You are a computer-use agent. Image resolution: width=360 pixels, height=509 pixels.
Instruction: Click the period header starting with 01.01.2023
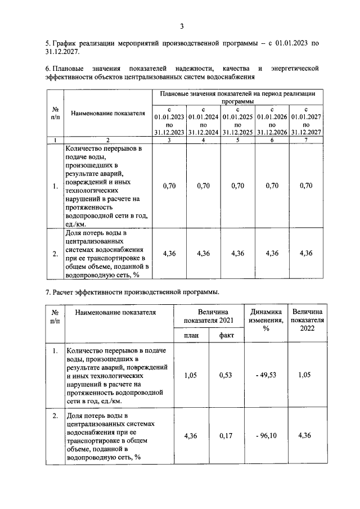(169, 121)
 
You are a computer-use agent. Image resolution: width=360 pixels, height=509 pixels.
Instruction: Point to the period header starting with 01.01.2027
(306, 121)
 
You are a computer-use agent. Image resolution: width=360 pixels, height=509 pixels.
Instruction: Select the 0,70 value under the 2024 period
(203, 186)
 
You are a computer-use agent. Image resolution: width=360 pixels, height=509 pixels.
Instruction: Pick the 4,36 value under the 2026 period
(272, 253)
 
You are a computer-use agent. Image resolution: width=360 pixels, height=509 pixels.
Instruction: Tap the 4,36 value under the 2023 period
(169, 253)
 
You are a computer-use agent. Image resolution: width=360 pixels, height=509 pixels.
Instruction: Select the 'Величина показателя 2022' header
(307, 320)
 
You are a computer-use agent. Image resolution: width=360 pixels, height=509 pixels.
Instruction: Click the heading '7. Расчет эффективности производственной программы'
(133, 292)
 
